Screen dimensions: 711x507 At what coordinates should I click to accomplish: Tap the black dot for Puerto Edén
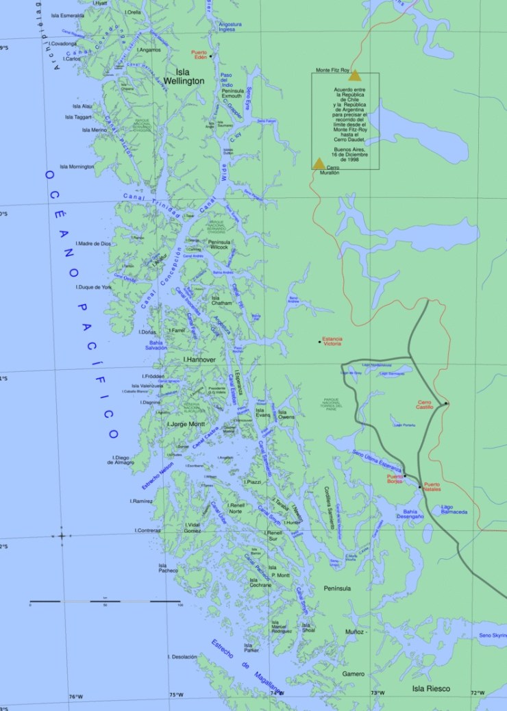[x=211, y=56]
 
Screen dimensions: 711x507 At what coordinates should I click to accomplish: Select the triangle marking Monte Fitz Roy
[x=354, y=75]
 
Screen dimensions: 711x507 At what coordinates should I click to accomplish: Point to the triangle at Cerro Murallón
[x=319, y=163]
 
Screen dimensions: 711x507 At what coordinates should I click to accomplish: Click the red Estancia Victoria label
[x=332, y=341]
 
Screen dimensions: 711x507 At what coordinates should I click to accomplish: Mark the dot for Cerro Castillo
[x=446, y=403]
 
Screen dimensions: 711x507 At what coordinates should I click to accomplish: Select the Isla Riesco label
[x=431, y=688]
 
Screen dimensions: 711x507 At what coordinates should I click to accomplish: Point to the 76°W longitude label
[x=75, y=696]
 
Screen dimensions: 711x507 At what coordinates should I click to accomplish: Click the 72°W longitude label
[x=478, y=693]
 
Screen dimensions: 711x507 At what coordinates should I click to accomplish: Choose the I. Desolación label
[x=182, y=657]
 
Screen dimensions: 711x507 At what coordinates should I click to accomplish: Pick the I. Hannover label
[x=199, y=359]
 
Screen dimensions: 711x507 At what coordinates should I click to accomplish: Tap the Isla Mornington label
[x=77, y=166]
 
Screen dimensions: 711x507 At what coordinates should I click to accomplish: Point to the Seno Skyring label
[x=493, y=636]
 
